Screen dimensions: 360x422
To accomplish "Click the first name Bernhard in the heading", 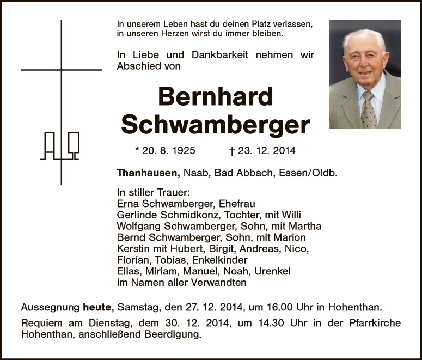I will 215,97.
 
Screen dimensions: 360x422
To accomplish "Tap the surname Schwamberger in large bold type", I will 216,125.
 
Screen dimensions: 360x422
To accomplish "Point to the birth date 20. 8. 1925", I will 165,151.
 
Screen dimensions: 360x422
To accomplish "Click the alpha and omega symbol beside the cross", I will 60,146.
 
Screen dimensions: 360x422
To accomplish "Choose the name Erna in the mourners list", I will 128,203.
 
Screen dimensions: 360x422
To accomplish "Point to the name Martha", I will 307,226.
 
